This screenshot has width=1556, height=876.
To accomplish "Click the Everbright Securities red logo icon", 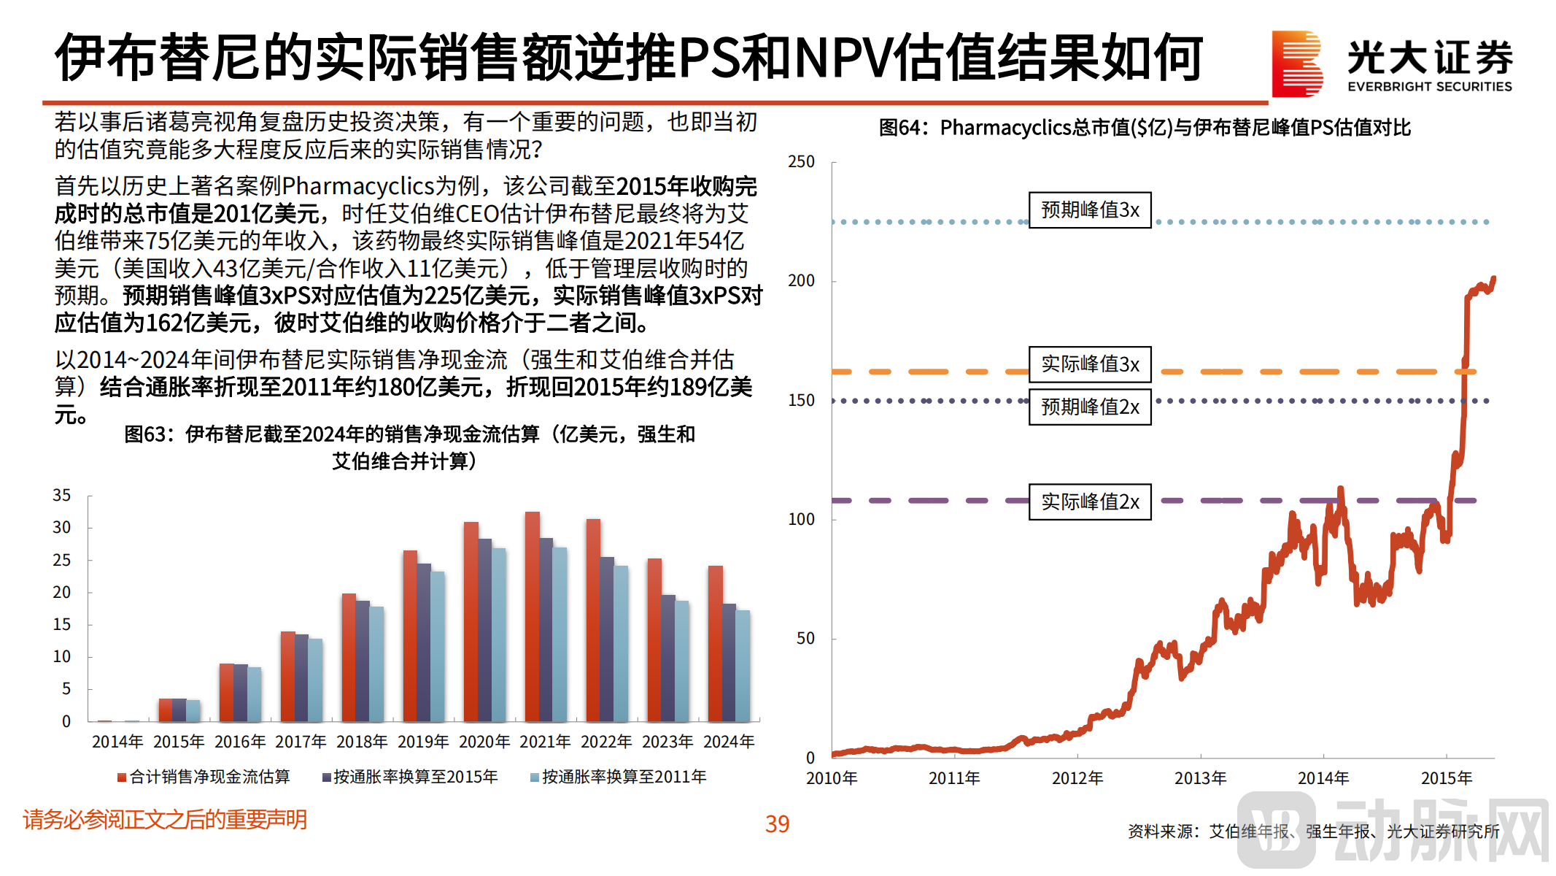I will (1297, 64).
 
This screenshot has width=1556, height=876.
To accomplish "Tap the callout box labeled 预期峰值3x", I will (1090, 210).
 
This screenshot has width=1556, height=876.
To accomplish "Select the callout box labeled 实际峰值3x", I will (1090, 364).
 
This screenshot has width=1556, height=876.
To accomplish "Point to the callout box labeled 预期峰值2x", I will (1090, 407).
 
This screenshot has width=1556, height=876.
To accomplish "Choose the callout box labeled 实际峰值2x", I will (1090, 502).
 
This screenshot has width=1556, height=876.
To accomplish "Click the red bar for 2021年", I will (533, 617).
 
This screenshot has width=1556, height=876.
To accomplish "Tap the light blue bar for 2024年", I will (743, 666).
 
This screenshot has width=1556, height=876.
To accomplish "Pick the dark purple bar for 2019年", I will (424, 642).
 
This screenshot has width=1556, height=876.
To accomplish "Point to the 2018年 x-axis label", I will (362, 742).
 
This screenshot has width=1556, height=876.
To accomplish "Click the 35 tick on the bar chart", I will (62, 496).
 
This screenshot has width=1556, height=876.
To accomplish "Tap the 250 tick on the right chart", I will (801, 162).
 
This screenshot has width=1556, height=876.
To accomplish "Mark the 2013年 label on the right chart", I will (1200, 778).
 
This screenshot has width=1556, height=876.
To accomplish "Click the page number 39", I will (777, 824).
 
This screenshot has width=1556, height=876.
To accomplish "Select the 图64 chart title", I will (1145, 128).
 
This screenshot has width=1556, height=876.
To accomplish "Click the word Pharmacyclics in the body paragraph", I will (358, 186).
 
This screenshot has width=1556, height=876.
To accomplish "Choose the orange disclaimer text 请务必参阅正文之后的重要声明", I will (165, 820).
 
